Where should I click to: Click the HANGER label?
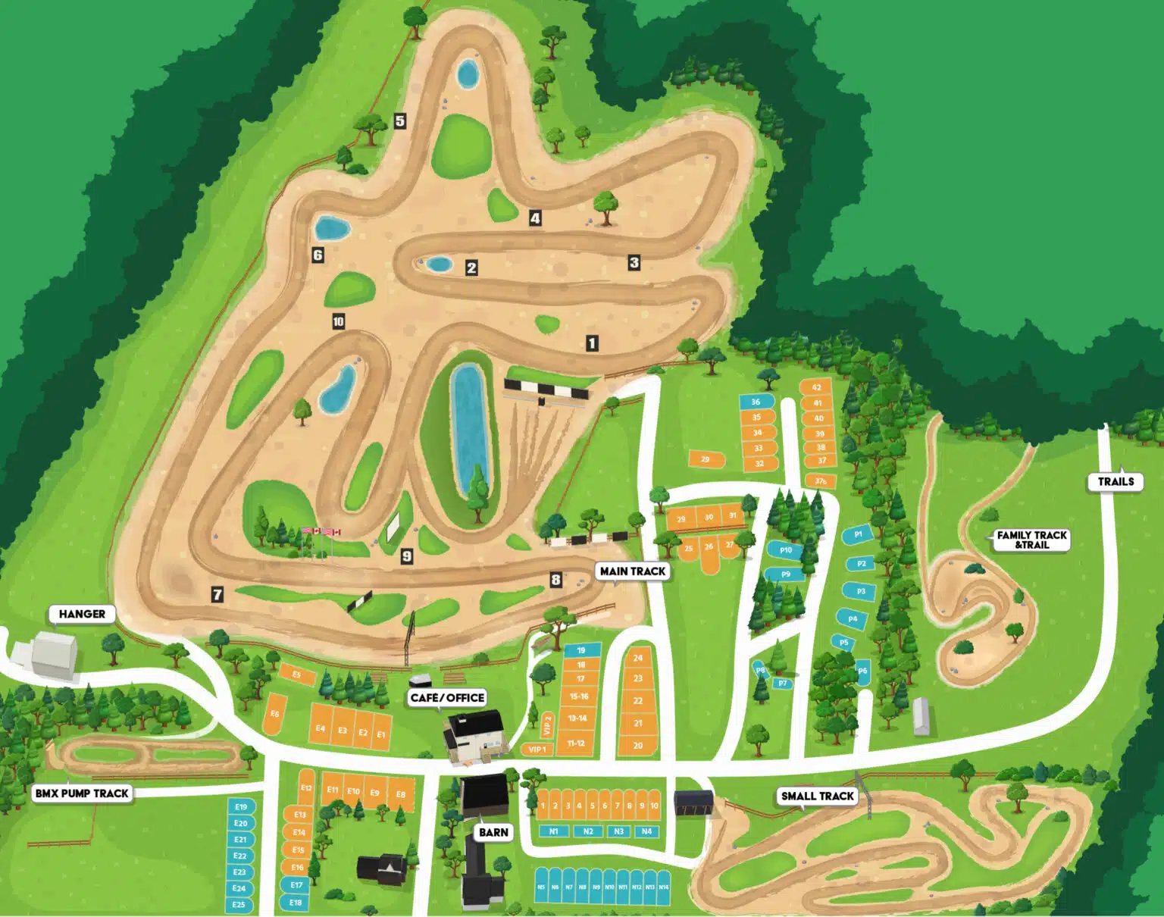click(x=82, y=614)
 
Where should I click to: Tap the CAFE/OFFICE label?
click(x=447, y=697)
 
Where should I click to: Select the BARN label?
click(x=493, y=832)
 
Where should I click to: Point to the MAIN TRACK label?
click(x=632, y=571)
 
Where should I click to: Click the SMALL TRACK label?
click(x=818, y=796)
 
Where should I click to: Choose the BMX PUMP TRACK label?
click(x=82, y=793)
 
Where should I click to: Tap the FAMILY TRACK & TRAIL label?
click(x=1031, y=540)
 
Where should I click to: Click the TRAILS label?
click(x=1115, y=481)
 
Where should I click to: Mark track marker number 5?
click(x=400, y=120)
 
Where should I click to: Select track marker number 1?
click(x=592, y=343)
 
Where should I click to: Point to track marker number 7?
click(x=217, y=594)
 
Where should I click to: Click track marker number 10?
click(x=338, y=321)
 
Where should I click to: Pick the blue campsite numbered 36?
click(x=756, y=402)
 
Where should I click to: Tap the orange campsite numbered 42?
click(x=816, y=387)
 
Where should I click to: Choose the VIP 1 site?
click(x=537, y=750)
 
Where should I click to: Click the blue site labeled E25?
click(x=239, y=904)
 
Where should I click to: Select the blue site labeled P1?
click(x=858, y=534)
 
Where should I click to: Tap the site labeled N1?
click(x=554, y=831)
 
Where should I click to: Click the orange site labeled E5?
click(x=296, y=674)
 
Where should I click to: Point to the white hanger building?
click(x=54, y=653)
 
